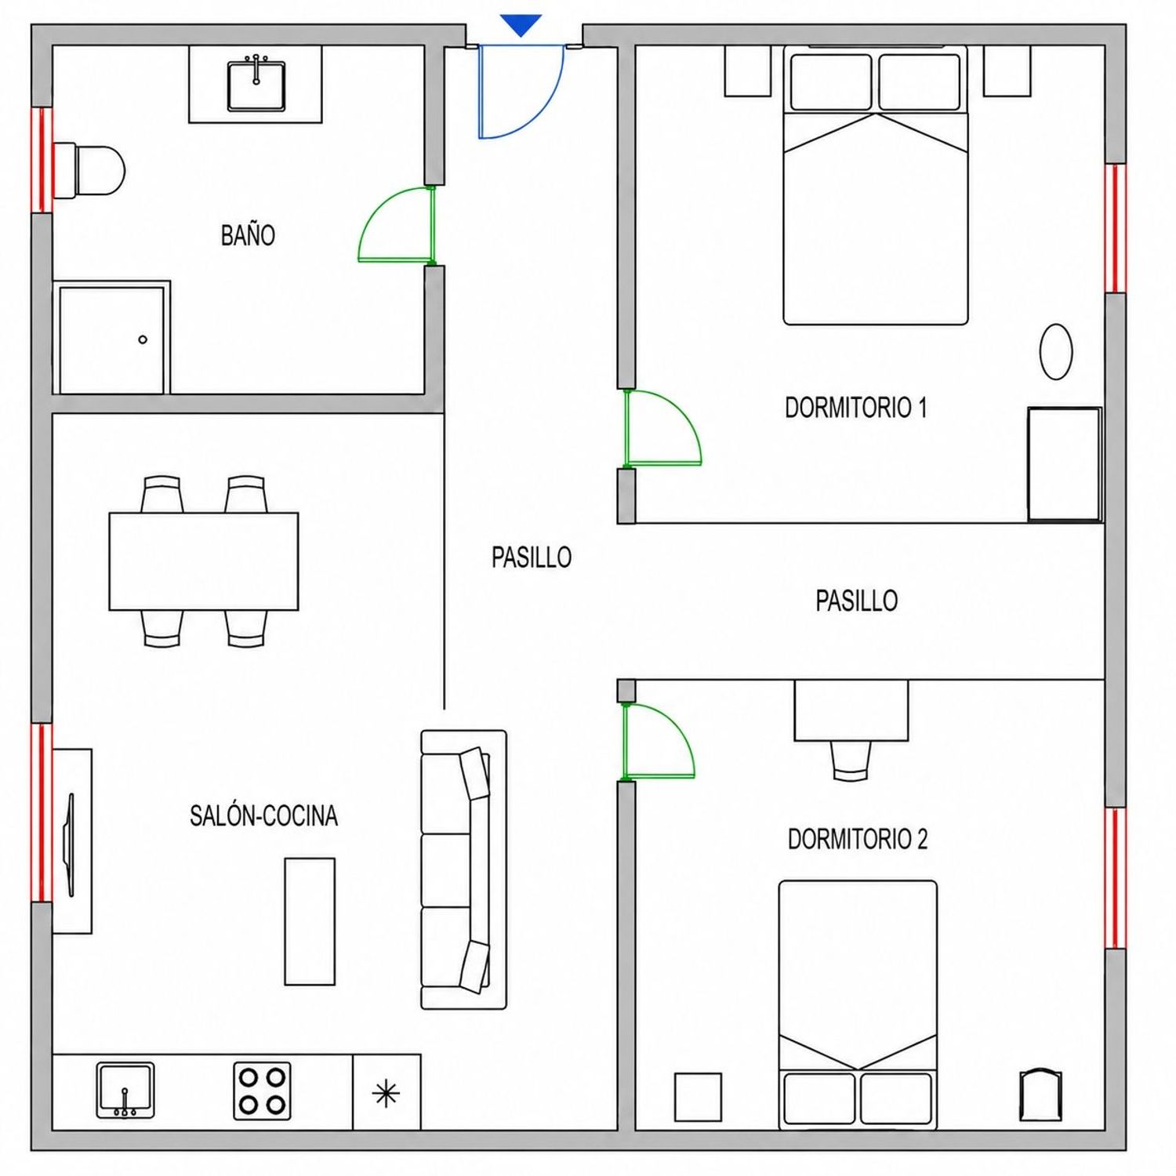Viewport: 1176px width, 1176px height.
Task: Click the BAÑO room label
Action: (x=248, y=235)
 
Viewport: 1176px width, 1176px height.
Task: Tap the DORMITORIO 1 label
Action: (x=856, y=408)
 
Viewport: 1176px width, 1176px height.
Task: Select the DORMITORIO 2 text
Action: (x=858, y=840)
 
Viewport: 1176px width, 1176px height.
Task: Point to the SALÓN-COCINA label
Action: (x=263, y=816)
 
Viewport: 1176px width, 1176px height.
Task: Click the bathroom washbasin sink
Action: (x=256, y=86)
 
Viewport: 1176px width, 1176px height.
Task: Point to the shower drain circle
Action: (x=143, y=339)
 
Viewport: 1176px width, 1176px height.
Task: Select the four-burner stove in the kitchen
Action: (x=262, y=1091)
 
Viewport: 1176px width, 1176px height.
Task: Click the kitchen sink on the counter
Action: (x=125, y=1090)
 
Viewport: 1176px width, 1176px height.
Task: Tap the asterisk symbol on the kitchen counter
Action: (x=387, y=1094)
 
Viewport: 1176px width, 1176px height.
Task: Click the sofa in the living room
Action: (x=464, y=869)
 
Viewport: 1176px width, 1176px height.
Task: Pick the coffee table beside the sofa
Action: (x=310, y=921)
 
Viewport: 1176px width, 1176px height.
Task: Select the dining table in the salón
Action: (x=204, y=561)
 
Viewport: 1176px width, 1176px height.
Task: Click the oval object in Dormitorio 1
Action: (x=1056, y=352)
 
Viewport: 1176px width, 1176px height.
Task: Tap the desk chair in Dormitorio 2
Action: (x=851, y=760)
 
